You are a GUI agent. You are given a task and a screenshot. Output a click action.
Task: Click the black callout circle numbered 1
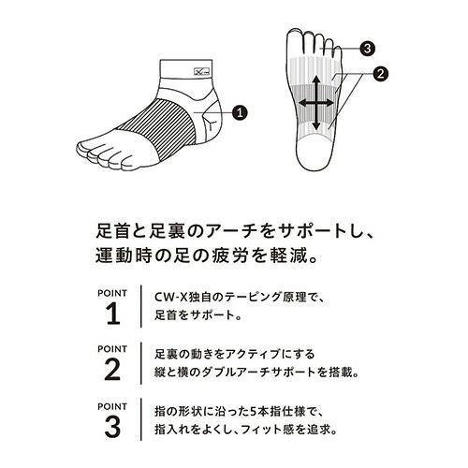240,112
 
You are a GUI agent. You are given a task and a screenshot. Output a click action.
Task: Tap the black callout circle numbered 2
380,74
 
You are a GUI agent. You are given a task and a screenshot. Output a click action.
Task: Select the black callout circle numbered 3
367,49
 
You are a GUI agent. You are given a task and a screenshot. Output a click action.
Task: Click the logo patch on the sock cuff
202,72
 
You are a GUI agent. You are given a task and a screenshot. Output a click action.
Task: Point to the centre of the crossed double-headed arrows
316,103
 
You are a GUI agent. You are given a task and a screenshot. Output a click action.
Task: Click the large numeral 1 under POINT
112,314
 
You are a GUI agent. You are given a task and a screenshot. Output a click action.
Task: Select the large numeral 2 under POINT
112,370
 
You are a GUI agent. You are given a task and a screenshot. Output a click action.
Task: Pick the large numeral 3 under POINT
112,427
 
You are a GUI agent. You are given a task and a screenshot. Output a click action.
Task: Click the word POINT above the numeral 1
112,293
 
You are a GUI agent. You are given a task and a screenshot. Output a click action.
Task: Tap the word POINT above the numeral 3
112,406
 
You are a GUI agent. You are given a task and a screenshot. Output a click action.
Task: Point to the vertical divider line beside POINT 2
141,363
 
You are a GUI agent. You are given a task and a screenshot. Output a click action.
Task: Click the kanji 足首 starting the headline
108,231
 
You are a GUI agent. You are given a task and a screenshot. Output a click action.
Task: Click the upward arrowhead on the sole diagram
316,80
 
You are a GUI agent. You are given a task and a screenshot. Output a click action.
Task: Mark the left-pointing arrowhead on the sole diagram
303,103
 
